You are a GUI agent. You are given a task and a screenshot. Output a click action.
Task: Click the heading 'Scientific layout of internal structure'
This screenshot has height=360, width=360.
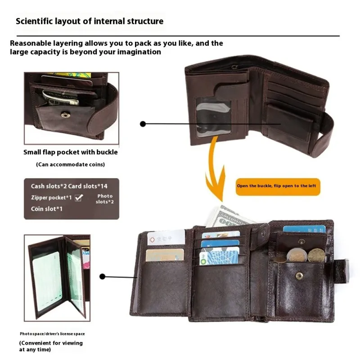(90, 21)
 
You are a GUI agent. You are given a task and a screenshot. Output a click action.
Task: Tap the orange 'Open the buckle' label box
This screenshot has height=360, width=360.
(278, 186)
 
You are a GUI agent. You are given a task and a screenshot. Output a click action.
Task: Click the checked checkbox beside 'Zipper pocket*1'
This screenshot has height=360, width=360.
(79, 197)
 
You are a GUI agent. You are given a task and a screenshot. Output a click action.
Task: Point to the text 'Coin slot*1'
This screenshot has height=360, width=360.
(46, 209)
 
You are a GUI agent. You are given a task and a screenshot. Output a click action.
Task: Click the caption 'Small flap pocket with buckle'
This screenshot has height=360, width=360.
(71, 152)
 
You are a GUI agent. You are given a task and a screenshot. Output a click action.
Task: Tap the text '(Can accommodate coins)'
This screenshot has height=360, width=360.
(71, 165)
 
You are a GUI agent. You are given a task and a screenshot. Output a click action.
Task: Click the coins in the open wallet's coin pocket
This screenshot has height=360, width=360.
(302, 255)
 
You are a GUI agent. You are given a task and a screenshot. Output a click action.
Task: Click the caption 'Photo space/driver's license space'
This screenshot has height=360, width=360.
(52, 334)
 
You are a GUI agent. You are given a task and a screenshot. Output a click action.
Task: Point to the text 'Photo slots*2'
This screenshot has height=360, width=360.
(105, 199)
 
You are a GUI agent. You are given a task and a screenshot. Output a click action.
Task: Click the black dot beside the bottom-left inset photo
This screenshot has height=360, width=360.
(103, 277)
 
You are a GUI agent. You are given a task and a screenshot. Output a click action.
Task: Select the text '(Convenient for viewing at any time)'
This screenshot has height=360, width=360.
(51, 346)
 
